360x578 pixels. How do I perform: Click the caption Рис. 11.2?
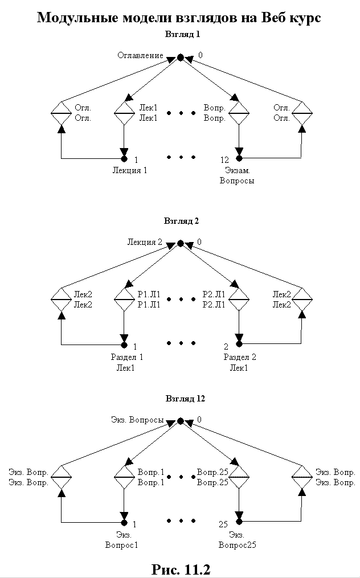pyautogui.click(x=181, y=569)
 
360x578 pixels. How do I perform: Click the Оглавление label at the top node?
pyautogui.click(x=140, y=56)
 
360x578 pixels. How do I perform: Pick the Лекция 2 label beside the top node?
pyautogui.click(x=145, y=243)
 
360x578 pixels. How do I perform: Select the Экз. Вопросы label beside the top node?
pyautogui.click(x=137, y=420)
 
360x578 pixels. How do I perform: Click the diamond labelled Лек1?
pyautogui.click(x=124, y=113)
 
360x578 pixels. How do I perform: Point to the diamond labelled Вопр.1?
pyautogui.click(x=124, y=477)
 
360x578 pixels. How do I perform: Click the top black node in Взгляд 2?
pyautogui.click(x=180, y=243)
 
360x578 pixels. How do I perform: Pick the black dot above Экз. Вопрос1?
pyautogui.click(x=124, y=522)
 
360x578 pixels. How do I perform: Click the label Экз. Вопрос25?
pyautogui.click(x=238, y=540)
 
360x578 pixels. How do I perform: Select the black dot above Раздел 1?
pyautogui.click(x=124, y=345)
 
